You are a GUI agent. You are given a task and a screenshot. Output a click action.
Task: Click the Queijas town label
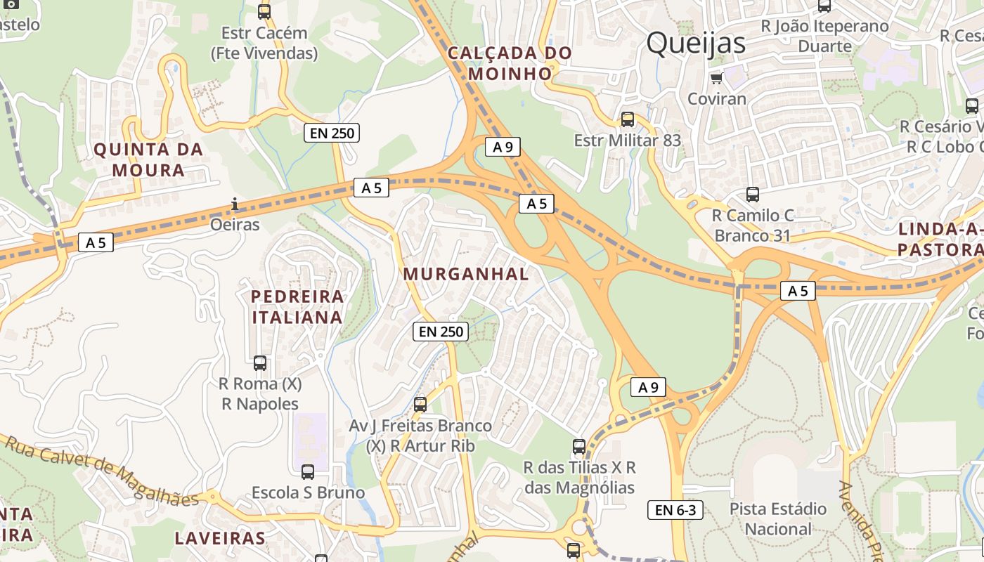tap(695, 43)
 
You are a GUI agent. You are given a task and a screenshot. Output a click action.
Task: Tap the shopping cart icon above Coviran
tap(716, 78)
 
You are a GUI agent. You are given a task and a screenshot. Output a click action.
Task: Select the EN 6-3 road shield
tap(675, 510)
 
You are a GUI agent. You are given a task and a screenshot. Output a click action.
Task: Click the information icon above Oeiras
tap(235, 204)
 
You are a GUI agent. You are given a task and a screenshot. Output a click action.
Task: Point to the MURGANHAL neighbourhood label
tap(466, 274)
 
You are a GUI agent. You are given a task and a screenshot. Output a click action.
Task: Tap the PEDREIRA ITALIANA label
tap(297, 307)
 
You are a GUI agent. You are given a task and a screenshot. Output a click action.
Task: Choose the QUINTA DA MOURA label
tap(148, 159)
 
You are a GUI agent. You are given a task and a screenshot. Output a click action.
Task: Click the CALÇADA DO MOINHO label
tap(510, 63)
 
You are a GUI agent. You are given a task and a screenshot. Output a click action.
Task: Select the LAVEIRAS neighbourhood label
tap(220, 539)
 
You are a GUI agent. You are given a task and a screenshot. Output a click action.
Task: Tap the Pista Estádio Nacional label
tap(778, 518)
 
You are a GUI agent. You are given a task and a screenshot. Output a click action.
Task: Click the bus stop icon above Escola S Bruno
tap(308, 472)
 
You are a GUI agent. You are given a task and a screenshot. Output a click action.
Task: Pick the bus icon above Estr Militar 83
tap(627, 119)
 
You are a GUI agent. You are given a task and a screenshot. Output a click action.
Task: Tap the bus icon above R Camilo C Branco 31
tap(753, 195)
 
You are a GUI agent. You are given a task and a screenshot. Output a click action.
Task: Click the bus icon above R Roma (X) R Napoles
tap(260, 363)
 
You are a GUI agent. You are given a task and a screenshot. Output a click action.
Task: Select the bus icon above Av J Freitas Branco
tap(420, 405)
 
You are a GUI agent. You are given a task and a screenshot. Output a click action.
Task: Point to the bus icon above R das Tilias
tap(579, 447)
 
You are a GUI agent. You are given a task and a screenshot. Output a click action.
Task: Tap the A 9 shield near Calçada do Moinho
tap(503, 147)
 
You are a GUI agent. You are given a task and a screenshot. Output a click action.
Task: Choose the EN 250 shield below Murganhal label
tap(440, 332)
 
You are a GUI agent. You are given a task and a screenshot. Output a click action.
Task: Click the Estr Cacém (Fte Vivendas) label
tap(264, 43)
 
